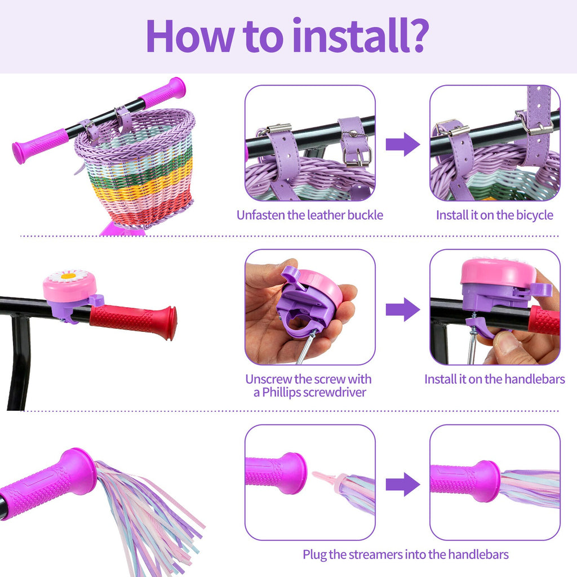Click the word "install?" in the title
361,35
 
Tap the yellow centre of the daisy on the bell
68,276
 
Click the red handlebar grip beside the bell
133,321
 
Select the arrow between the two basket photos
403,144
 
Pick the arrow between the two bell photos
403,309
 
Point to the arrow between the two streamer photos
403,484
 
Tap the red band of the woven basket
151,212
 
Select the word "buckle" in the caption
365,215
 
